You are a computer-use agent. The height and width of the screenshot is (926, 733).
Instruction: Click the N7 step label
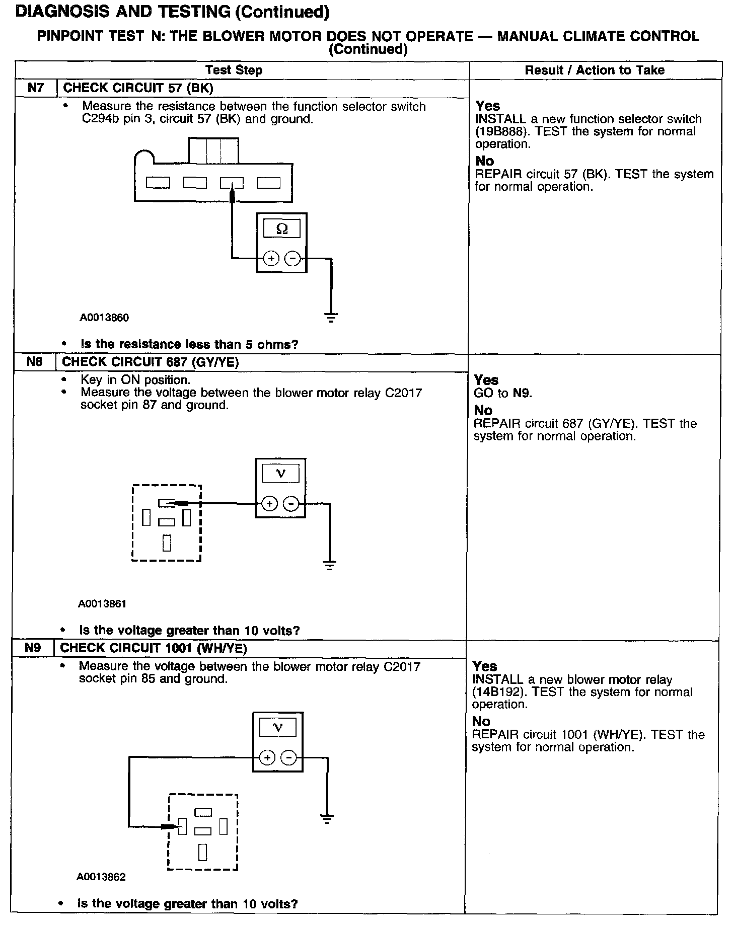click(x=36, y=88)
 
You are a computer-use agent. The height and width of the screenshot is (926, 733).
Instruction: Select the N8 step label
click(x=35, y=362)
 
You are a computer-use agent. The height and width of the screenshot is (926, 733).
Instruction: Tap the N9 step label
click(x=33, y=648)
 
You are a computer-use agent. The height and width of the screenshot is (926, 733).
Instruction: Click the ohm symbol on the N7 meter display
click(x=282, y=229)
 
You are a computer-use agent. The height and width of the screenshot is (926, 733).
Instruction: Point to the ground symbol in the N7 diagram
click(x=331, y=317)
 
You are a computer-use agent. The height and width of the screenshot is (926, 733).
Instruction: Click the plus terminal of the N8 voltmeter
click(x=270, y=503)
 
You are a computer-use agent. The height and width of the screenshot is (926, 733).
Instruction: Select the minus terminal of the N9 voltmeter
click(x=288, y=757)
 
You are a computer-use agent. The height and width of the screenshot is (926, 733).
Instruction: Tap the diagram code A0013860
click(x=104, y=318)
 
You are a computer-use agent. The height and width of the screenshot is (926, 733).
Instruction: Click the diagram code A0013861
click(x=102, y=603)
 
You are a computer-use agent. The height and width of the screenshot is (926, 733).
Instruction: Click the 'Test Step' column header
click(x=234, y=70)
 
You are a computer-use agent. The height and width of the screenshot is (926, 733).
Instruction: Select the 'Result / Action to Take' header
click(x=595, y=70)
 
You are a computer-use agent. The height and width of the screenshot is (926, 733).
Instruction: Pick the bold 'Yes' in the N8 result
click(x=486, y=380)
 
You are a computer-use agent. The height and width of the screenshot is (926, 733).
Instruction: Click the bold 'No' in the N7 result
click(x=485, y=161)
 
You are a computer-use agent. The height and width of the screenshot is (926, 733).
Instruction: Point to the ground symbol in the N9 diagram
click(x=327, y=819)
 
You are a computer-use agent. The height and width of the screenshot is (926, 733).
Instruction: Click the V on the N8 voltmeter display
click(x=281, y=474)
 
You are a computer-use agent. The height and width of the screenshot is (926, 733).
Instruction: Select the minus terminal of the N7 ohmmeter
click(x=292, y=259)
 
